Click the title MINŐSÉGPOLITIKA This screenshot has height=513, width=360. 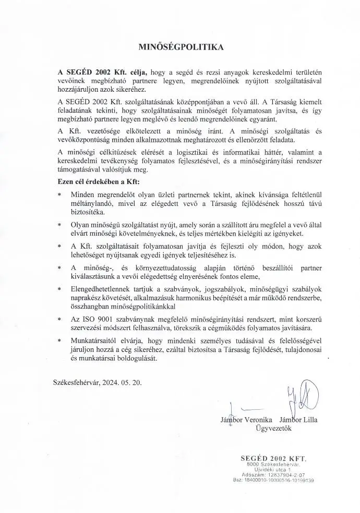(x=179, y=46)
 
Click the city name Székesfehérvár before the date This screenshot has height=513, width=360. (x=76, y=383)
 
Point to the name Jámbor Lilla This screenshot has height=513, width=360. (x=298, y=419)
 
